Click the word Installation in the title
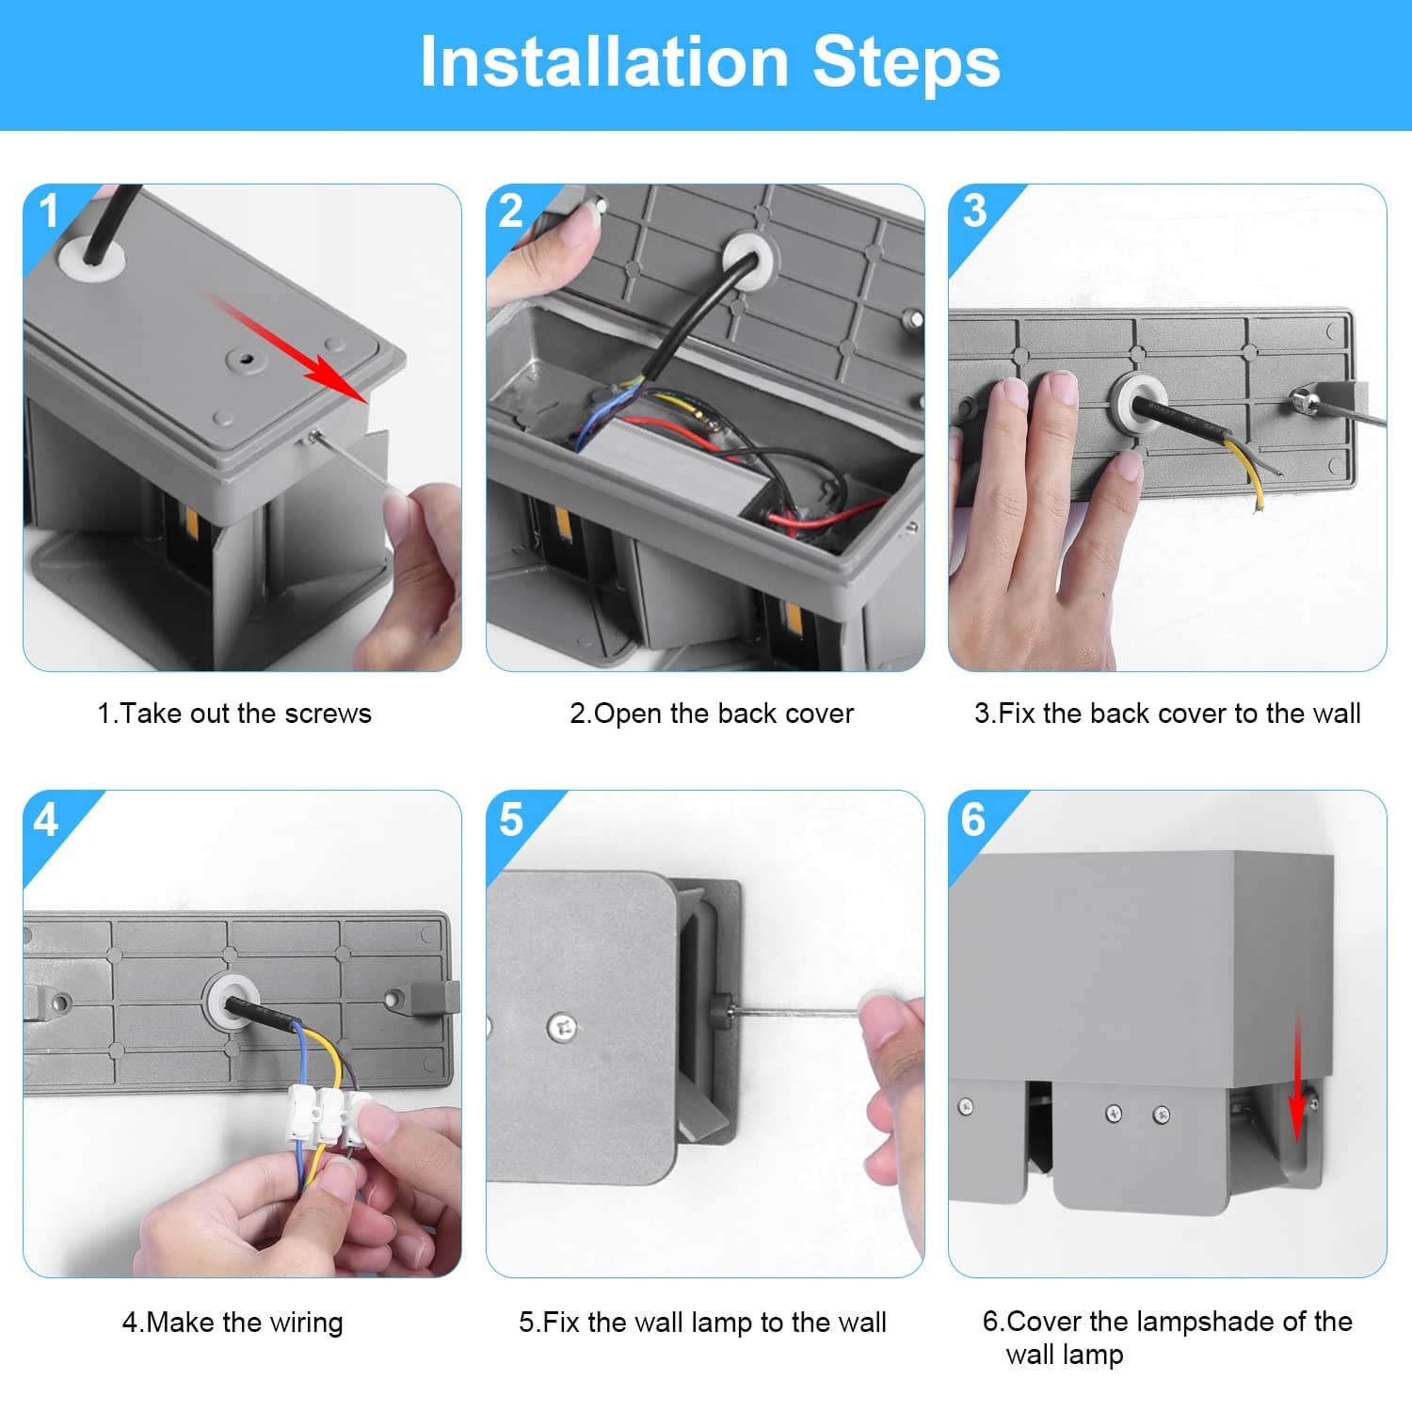point(603,62)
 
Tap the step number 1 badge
point(48,211)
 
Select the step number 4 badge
point(45,820)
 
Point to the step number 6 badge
point(973,820)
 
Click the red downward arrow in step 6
point(1297,1073)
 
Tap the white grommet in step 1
point(90,256)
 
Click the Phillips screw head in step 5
point(563,1027)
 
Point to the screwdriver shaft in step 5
point(796,1012)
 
